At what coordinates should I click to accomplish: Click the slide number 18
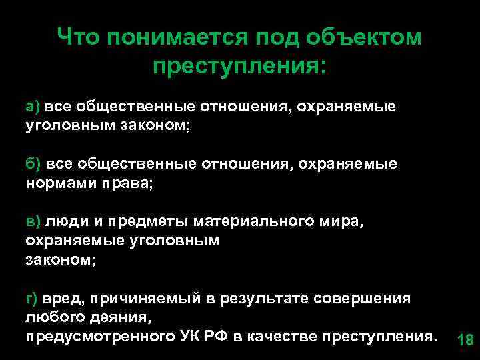(x=465, y=341)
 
